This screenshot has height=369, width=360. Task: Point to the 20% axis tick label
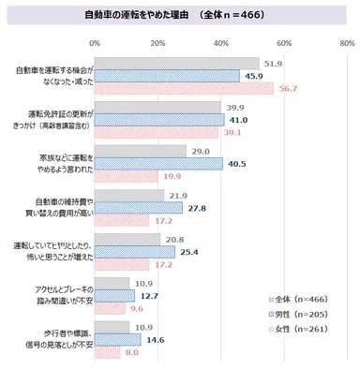157,43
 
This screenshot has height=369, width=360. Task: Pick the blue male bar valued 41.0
158,120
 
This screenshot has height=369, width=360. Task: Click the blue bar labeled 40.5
157,163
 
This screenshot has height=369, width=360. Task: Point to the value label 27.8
197,207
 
